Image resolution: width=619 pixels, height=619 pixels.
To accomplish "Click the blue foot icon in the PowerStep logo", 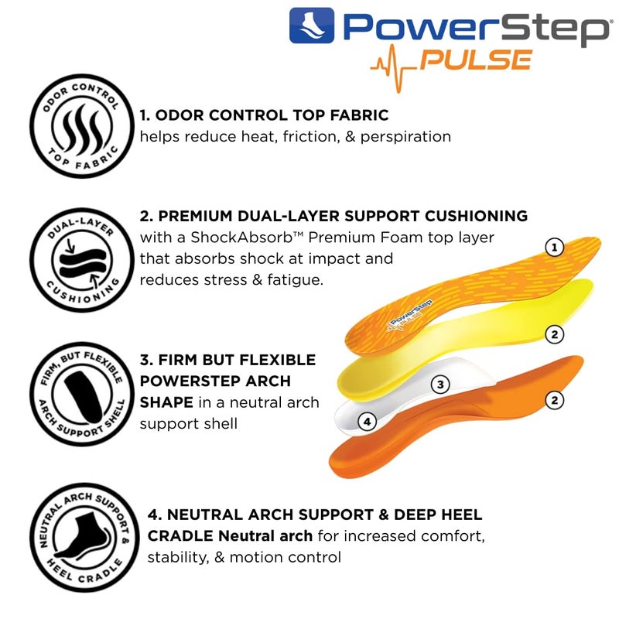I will click(312, 26).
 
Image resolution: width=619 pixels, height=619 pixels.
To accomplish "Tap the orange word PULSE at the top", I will click(476, 60).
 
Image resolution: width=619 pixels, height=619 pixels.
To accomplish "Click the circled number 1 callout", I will click(553, 248).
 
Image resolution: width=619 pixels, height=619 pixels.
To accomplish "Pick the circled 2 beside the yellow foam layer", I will click(553, 334).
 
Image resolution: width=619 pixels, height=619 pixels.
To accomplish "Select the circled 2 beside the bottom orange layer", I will click(554, 400).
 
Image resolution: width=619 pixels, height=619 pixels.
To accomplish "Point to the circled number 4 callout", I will click(368, 422).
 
